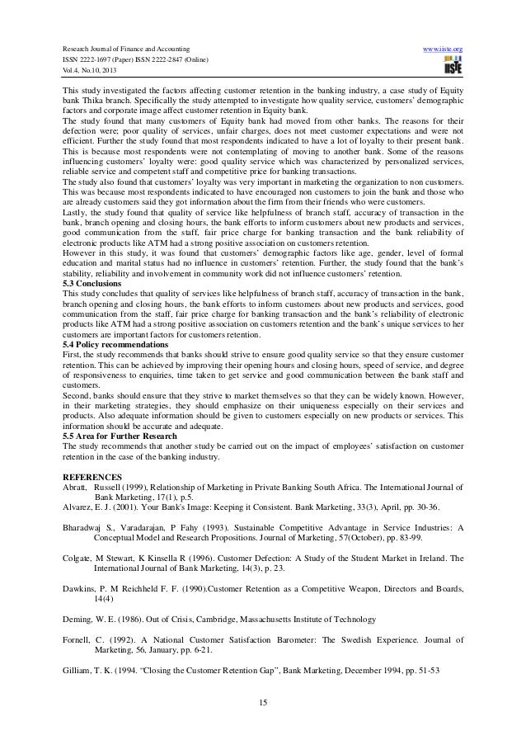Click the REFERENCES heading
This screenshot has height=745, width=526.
click(93, 477)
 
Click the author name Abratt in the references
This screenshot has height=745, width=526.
click(76, 488)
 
